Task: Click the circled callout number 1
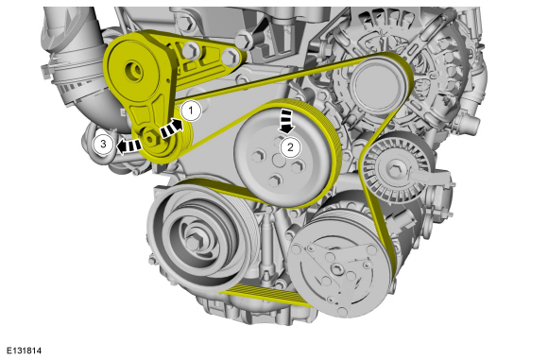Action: (191, 111)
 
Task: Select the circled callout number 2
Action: (290, 147)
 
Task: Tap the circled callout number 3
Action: (103, 144)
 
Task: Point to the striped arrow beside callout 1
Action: (171, 129)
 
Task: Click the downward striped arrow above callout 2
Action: (286, 121)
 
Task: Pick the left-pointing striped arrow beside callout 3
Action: (128, 146)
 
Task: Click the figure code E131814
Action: (24, 351)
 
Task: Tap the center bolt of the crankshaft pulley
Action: (193, 242)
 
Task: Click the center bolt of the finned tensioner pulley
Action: (396, 170)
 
